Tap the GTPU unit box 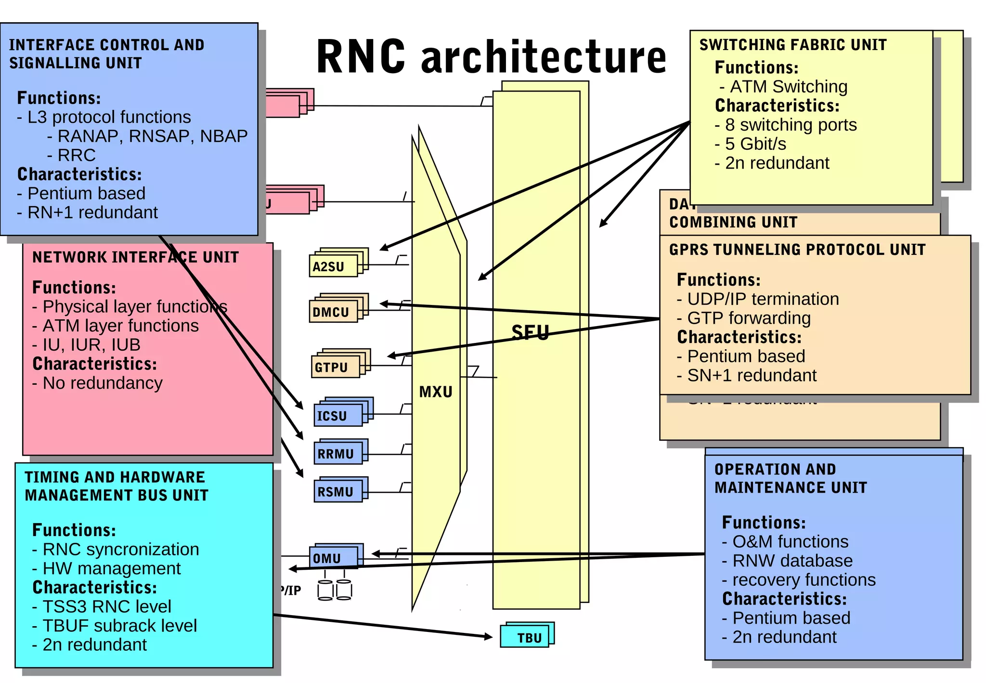pos(335,367)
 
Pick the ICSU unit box pos(337,415)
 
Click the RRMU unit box pos(337,454)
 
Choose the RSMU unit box pos(337,492)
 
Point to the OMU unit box pos(333,558)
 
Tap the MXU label pos(436,392)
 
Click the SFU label pos(530,333)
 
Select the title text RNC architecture pos(491,56)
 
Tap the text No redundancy pos(102,383)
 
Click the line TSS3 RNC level pos(106,606)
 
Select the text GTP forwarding pos(748,318)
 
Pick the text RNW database pos(792,561)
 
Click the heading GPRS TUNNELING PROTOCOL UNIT pos(797,250)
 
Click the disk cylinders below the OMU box pos(335,590)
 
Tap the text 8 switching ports pos(790,125)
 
